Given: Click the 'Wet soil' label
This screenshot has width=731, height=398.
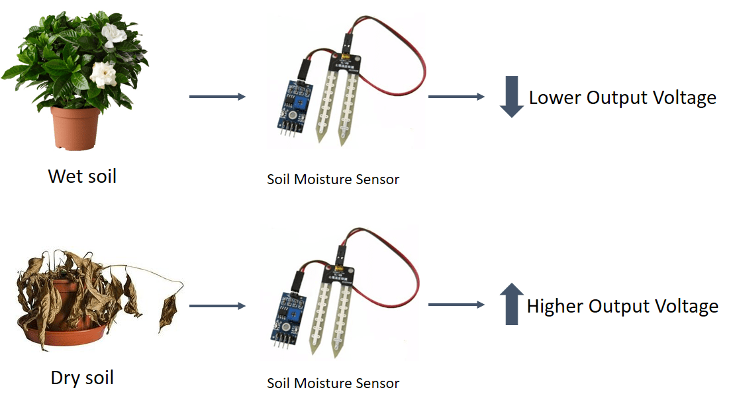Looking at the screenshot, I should [x=82, y=176].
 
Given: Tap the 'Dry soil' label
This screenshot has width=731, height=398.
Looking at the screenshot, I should [x=82, y=377].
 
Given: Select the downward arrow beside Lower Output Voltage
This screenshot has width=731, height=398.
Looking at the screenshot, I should [x=511, y=97].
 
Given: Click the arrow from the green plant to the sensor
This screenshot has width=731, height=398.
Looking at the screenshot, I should [x=217, y=97].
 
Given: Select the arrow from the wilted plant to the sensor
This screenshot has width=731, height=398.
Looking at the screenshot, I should [x=217, y=306].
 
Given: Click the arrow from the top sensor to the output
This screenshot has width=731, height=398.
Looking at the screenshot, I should [x=456, y=97].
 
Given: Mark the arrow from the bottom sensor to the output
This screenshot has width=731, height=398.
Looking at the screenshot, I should [x=456, y=305].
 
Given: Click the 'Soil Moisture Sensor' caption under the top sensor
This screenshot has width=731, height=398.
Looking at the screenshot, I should [x=333, y=179].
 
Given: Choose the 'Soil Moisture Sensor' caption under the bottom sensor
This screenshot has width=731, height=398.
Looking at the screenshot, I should [x=333, y=383].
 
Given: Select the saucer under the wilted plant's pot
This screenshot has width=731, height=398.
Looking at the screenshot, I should [x=60, y=334].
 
